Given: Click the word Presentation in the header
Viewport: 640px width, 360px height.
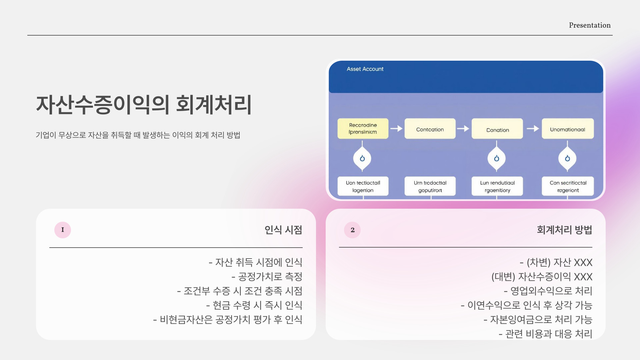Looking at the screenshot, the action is click(x=589, y=25).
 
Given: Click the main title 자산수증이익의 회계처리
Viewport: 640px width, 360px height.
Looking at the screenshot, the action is click(x=144, y=105).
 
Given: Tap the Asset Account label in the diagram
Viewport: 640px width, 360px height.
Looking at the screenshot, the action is click(x=365, y=69).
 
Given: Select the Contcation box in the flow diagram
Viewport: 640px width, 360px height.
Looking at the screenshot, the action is click(x=430, y=129).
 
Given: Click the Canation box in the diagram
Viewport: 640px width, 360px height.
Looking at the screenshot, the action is click(x=497, y=129).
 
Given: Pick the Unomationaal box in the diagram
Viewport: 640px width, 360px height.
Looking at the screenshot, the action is click(x=567, y=129).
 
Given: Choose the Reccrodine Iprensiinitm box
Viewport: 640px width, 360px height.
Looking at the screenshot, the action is click(x=363, y=129).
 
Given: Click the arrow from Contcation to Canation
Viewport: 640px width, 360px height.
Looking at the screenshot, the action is click(x=463, y=129).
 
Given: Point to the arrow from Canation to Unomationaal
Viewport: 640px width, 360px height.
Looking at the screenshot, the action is click(x=533, y=129).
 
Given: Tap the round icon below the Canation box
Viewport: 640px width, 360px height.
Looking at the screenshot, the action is click(x=497, y=158).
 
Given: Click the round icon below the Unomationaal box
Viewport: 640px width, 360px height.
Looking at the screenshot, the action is click(x=567, y=158).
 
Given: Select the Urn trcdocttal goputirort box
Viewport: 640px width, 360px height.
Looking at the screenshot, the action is click(x=430, y=186).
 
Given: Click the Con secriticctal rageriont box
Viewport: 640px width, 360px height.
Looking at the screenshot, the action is click(x=568, y=186).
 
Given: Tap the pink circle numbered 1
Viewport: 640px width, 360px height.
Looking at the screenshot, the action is click(x=63, y=230).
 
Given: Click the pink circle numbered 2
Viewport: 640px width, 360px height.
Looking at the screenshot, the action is click(x=352, y=230).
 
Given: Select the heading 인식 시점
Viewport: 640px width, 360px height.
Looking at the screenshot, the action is click(x=283, y=230).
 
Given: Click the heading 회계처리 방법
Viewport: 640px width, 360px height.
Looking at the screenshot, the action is click(x=564, y=230).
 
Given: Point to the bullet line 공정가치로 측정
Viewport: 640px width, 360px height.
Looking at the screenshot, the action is click(x=267, y=277).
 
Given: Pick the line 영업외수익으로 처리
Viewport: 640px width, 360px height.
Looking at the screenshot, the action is click(x=548, y=291).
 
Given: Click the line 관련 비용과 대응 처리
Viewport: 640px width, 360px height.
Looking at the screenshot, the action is click(x=545, y=334).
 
